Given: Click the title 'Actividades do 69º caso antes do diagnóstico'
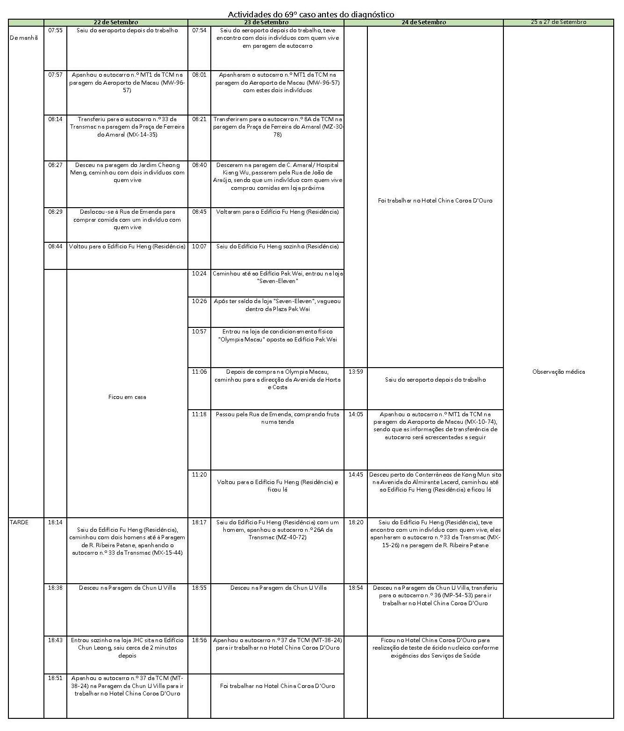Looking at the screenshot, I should (x=311, y=14).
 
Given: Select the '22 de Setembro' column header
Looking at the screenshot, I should (x=115, y=22).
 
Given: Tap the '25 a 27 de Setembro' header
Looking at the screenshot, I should (x=558, y=22).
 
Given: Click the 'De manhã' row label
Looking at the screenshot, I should (x=23, y=37).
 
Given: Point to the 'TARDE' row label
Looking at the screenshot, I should (x=19, y=522).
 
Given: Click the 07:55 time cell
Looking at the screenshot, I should (x=55, y=30).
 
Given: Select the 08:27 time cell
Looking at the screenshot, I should (x=55, y=165).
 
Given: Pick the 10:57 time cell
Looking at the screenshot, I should (x=199, y=332).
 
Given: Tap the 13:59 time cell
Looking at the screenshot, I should (x=356, y=372).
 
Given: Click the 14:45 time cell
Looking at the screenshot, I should (x=356, y=474).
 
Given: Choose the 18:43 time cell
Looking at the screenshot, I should (x=55, y=640).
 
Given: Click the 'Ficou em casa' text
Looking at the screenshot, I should (x=127, y=397).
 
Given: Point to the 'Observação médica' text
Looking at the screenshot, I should (x=558, y=372).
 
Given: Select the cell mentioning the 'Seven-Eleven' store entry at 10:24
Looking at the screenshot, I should (x=277, y=277).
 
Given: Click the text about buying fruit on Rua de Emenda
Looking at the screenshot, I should (x=277, y=418).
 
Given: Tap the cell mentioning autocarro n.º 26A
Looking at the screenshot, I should (x=277, y=529).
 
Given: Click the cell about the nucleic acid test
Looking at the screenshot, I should (x=435, y=648).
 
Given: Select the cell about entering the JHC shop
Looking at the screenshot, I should (x=127, y=648).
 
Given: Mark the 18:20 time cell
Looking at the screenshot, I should (x=356, y=522).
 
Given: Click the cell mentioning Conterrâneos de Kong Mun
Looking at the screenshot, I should (x=435, y=482).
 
